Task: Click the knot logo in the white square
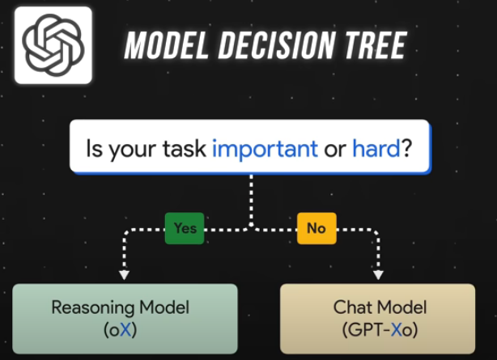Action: click(53, 45)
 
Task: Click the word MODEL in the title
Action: click(167, 45)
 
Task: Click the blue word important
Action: click(265, 148)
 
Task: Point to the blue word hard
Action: click(376, 148)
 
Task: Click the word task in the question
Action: click(185, 148)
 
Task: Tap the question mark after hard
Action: click(406, 148)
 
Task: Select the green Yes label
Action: click(185, 228)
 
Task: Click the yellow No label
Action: click(316, 228)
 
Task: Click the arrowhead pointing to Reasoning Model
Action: click(124, 274)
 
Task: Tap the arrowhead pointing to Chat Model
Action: click(378, 274)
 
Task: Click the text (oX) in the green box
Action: click(121, 330)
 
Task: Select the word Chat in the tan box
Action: click(352, 307)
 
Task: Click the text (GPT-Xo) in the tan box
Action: click(380, 330)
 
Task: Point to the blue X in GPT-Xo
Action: click(397, 330)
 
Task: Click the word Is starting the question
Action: click(95, 148)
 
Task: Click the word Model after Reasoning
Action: click(164, 307)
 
